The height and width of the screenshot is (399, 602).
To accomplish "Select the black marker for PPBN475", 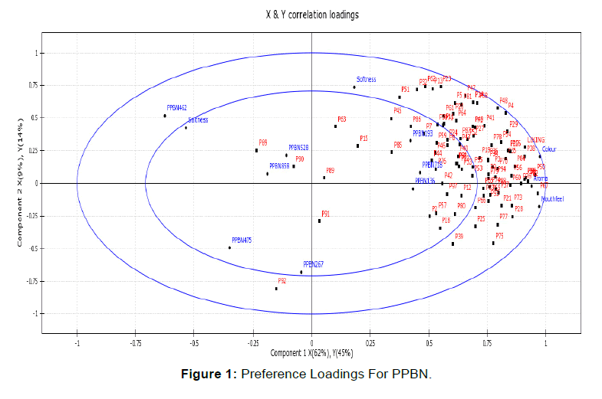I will [229, 247].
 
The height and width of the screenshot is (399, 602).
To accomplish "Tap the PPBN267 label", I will [313, 264].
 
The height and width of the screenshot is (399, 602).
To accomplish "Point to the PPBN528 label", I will [298, 147].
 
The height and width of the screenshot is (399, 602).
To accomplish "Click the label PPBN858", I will [279, 165].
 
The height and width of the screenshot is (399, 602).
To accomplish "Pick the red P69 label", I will [263, 142].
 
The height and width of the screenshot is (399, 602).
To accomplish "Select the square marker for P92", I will [276, 289].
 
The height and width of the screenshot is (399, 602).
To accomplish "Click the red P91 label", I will [325, 214].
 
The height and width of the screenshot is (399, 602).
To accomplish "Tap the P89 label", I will [330, 170].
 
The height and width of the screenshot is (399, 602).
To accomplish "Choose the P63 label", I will [341, 119].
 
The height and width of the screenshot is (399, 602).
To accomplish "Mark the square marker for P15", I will [357, 146].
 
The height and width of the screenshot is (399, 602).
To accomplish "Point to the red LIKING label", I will [535, 140].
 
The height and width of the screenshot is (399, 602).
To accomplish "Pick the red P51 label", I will [405, 89].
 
